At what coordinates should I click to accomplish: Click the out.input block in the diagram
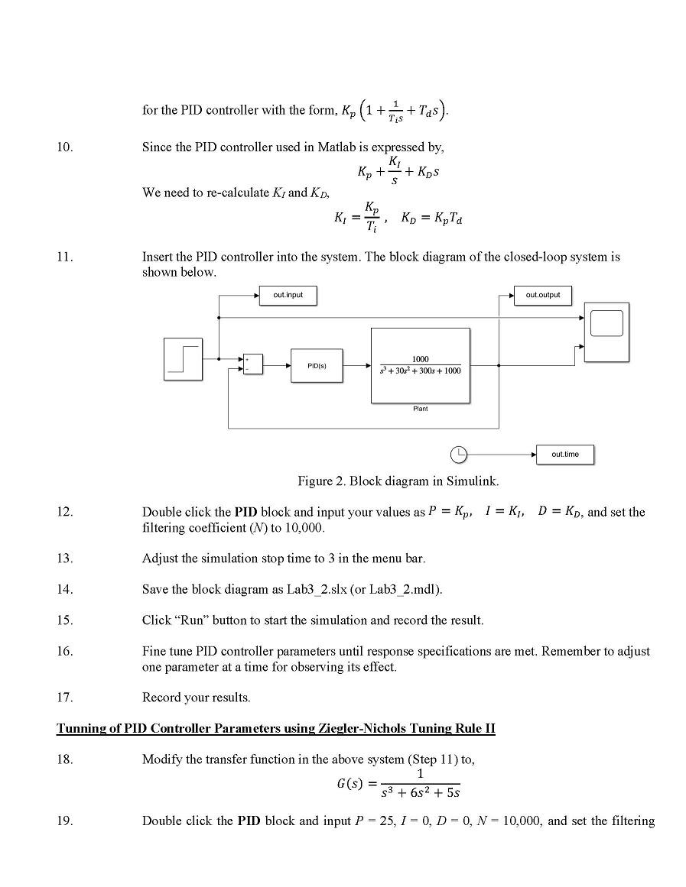(288, 295)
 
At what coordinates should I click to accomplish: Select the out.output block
(542, 295)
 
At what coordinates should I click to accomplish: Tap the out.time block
(564, 455)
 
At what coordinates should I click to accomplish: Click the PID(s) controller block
(317, 366)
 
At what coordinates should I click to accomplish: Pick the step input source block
(184, 359)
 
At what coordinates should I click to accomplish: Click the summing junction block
(252, 364)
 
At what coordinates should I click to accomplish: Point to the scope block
(606, 332)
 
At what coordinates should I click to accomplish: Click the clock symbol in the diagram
(457, 455)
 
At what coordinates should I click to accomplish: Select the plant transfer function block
(420, 365)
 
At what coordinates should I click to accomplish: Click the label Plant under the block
(420, 409)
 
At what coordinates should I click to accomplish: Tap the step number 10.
(64, 147)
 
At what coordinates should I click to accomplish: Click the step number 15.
(64, 620)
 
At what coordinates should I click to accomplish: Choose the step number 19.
(64, 821)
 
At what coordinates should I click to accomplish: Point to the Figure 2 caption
(398, 481)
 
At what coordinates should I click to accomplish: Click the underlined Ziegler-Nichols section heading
(275, 728)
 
